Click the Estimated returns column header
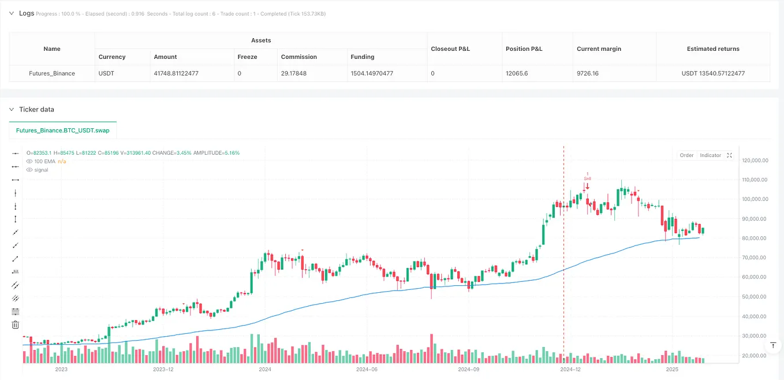[x=713, y=49]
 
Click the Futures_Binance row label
[x=52, y=73]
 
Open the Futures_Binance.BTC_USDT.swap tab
[x=64, y=131]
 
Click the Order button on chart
[x=686, y=155]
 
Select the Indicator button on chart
[x=710, y=155]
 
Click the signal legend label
[x=41, y=170]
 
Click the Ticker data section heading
[x=36, y=109]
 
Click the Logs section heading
[x=27, y=13]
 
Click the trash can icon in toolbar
[x=16, y=325]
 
